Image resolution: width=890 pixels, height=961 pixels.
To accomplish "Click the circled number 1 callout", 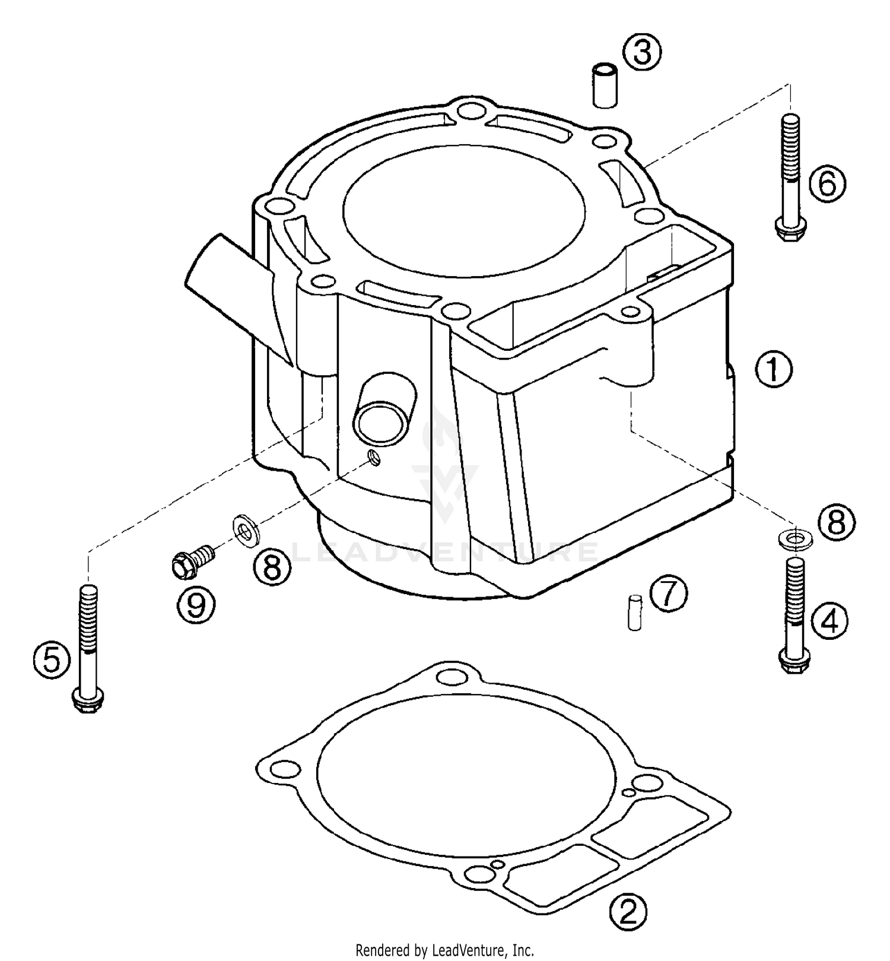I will tap(773, 369).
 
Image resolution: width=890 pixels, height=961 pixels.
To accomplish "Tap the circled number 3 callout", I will tap(643, 52).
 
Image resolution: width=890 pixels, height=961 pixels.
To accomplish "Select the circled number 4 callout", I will tap(829, 621).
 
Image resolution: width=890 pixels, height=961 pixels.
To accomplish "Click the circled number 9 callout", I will tap(196, 604).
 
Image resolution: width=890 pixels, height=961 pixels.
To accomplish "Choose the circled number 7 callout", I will tap(669, 595).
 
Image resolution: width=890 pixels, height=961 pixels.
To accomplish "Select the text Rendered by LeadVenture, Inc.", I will tap(445, 949).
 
